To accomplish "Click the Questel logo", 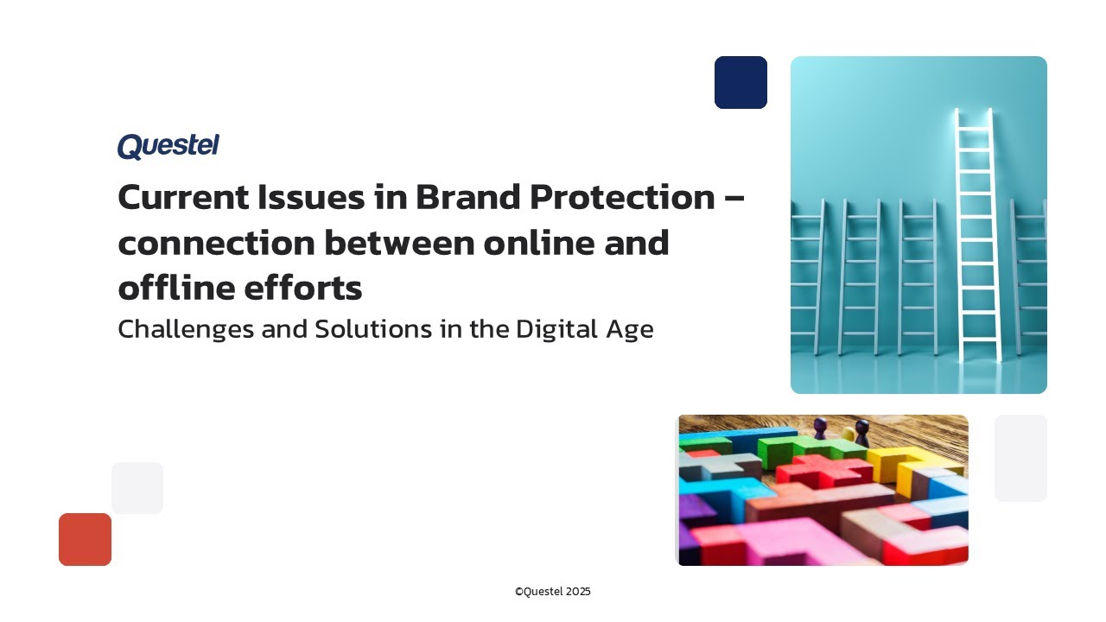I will coord(168,147).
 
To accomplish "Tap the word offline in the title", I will coord(172,288).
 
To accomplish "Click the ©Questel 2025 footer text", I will coord(552,592).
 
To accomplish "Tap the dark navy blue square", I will coord(741,82).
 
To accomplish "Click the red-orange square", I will coord(85,539).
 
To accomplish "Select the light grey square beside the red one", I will coord(137,487).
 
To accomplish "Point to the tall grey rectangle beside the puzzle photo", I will coord(1020,458).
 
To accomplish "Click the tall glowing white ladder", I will coord(977,233).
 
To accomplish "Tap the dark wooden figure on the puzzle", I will coord(861,432).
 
